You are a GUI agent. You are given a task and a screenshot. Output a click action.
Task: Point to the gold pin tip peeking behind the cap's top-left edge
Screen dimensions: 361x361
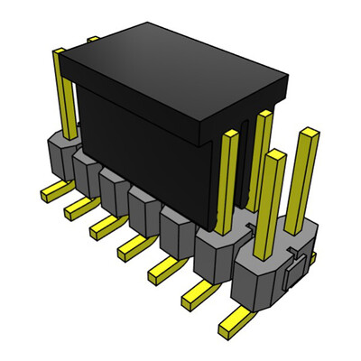93,40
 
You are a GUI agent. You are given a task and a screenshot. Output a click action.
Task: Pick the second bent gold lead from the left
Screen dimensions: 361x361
76,208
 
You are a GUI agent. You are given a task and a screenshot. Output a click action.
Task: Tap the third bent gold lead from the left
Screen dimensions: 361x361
101,227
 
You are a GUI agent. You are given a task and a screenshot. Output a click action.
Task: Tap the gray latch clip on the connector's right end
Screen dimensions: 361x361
291,276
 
